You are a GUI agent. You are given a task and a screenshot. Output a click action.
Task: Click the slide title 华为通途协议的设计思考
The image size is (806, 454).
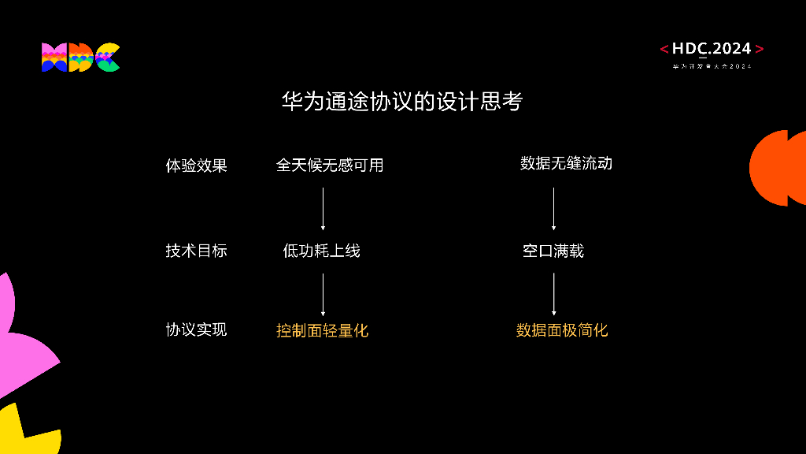point(402,102)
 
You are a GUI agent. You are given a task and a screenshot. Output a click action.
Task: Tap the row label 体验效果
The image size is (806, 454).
point(196,166)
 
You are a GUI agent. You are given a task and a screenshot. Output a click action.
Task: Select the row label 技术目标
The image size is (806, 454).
point(196,251)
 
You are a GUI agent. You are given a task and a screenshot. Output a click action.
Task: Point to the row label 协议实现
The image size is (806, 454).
point(196,329)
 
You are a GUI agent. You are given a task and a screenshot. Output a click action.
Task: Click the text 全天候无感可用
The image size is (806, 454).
point(329,165)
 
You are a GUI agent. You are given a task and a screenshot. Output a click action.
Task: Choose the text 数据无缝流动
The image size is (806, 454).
point(566,163)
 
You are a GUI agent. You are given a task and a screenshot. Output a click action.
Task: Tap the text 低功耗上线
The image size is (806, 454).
point(321,251)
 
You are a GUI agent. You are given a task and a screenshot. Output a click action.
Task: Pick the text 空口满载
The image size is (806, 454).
point(553,251)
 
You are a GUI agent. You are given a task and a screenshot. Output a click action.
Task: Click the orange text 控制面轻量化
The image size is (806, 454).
point(322,330)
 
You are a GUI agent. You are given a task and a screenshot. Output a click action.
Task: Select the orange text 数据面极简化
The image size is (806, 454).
point(562,330)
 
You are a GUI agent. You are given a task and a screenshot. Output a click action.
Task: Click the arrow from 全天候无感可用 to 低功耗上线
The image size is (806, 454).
point(323,208)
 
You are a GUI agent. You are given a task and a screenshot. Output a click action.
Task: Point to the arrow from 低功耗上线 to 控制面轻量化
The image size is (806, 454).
point(323,294)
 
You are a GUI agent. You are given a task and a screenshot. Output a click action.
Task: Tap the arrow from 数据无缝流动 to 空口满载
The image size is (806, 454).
point(553,208)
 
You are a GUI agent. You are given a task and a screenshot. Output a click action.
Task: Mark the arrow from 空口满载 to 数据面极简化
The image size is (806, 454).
point(553,294)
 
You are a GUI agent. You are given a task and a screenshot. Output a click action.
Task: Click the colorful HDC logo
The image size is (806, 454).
point(80,58)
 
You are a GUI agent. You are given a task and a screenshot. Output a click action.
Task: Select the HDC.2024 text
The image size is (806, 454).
point(712,49)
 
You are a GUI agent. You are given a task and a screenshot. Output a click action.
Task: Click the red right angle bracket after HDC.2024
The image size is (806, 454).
point(759,49)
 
